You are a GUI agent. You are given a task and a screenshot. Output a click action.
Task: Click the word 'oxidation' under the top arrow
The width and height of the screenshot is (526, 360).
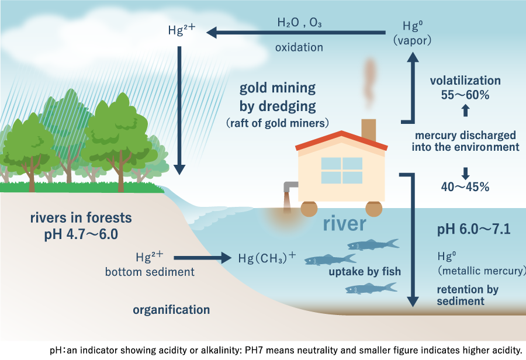(299, 47)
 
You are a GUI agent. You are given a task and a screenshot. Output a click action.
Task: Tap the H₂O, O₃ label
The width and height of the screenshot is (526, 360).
(300, 22)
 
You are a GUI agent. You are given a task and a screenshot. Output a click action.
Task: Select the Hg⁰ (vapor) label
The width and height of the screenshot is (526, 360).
(412, 33)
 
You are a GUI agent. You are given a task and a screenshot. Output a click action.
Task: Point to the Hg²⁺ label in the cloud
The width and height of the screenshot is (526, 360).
(182, 29)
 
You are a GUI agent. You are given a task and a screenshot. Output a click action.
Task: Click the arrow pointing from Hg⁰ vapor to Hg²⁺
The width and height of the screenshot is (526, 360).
(296, 33)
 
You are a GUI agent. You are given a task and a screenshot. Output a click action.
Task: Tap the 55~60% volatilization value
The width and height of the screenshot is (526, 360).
(465, 95)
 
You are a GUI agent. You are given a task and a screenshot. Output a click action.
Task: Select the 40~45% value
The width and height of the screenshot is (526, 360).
(465, 186)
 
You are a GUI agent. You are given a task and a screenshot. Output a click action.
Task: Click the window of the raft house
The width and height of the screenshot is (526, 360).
(341, 171)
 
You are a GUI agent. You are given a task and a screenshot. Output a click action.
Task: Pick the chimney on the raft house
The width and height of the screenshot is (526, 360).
(368, 130)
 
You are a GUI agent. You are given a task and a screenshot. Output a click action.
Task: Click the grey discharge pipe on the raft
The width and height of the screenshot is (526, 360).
(289, 186)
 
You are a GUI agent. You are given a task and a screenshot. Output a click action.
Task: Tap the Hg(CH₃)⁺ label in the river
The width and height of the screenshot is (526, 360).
(267, 258)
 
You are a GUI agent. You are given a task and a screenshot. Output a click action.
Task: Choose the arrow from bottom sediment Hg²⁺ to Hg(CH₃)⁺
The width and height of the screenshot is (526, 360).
(203, 258)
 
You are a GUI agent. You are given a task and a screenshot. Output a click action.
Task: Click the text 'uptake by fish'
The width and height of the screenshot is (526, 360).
(365, 271)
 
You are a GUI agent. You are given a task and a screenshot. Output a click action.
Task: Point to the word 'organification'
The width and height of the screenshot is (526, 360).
(171, 310)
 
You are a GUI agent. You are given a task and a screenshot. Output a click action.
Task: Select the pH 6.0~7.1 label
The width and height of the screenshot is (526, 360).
(473, 229)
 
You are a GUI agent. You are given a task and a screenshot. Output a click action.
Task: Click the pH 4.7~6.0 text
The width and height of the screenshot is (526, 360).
(81, 234)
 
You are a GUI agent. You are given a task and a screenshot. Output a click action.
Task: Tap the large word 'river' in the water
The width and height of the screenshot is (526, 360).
(344, 224)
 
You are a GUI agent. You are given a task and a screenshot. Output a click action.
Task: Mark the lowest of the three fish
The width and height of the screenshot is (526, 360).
(371, 289)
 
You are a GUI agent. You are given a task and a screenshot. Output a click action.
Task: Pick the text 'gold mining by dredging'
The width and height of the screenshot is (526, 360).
(278, 97)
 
